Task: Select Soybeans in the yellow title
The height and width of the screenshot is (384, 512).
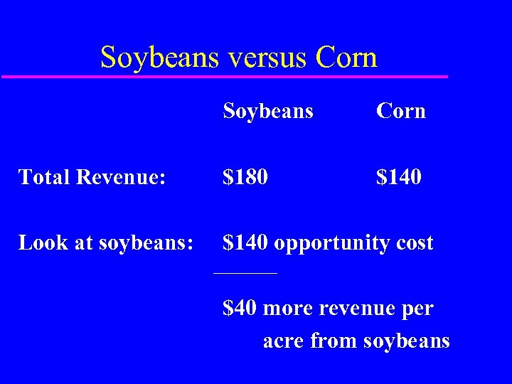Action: tap(160, 58)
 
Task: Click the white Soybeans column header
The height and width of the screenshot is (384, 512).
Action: tap(267, 112)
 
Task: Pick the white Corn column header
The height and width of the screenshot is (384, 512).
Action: tap(400, 112)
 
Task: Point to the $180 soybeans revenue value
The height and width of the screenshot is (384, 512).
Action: tap(245, 176)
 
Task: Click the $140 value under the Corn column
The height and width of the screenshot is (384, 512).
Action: tap(398, 176)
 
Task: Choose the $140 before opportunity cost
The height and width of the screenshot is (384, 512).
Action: tap(245, 243)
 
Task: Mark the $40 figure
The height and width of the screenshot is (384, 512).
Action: tap(239, 309)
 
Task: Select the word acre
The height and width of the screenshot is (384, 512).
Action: tap(284, 341)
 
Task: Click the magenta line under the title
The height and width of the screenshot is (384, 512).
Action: tap(225, 76)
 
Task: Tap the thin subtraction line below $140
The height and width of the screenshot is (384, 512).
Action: tap(245, 273)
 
